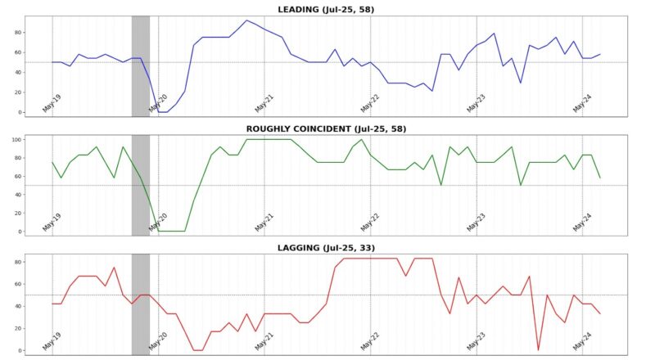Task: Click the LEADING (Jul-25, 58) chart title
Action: pos(326,9)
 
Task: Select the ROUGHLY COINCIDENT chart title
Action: pos(326,128)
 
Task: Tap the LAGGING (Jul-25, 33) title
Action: pos(326,247)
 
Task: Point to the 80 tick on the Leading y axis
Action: pos(16,31)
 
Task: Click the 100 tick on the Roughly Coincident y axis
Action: pos(14,139)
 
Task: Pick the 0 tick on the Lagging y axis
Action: pos(18,350)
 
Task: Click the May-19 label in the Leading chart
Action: pos(52,103)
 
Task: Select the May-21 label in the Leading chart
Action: pos(264,103)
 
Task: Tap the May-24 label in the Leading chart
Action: pos(582,103)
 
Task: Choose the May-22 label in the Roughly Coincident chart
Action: pos(370,223)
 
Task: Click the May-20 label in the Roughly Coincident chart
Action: pos(158,223)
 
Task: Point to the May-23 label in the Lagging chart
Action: pos(477,342)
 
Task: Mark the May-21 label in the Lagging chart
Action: pos(264,342)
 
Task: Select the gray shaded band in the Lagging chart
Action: pos(140,303)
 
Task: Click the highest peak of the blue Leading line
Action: pos(246,20)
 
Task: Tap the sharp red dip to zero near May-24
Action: pos(538,350)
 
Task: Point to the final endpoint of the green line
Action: pos(599,178)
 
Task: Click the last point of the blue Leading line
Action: pos(599,54)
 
